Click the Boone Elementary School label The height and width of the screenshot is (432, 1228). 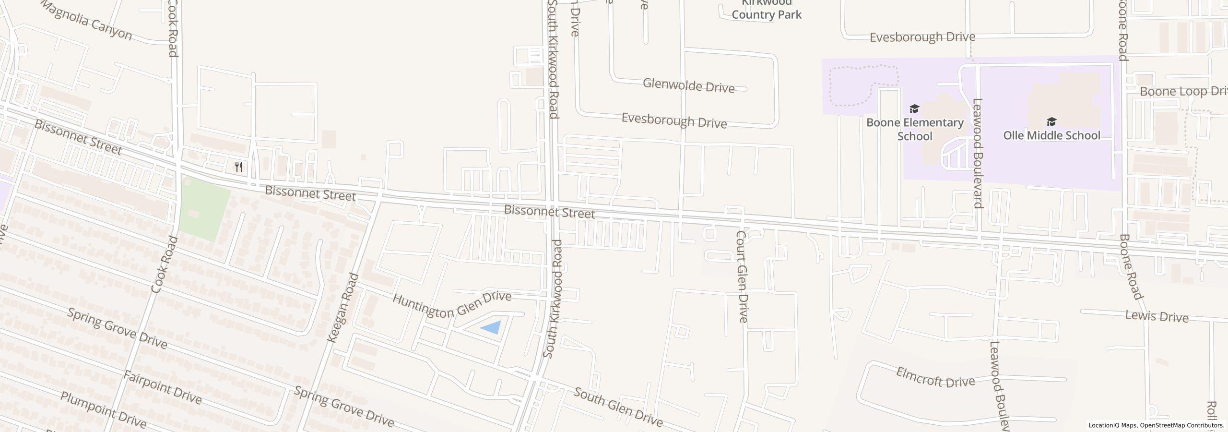point(914,129)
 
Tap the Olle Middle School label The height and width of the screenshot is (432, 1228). point(1051,135)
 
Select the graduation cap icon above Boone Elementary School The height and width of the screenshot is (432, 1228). point(914,109)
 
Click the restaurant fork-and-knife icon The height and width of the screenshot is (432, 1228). point(239,167)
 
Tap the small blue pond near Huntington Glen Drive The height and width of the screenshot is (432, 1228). point(492,328)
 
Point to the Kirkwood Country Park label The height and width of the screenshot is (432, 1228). point(766,10)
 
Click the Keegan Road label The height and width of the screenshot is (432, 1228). point(342,308)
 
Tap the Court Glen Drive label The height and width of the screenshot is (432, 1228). point(742,276)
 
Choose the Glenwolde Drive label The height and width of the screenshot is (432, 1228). point(688,86)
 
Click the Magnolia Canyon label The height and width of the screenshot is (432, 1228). point(86,21)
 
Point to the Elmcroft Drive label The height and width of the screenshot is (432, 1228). point(935,378)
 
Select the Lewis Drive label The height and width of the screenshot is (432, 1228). point(1157,316)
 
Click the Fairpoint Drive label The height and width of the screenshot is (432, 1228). point(162,387)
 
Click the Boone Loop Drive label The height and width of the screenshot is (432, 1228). point(1182,91)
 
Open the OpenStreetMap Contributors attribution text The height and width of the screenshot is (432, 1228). point(1182,425)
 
